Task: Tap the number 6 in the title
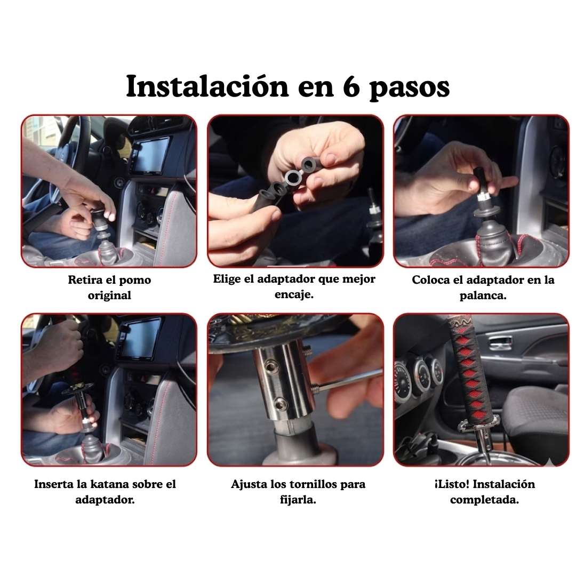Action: pos(351,87)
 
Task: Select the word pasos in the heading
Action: pos(409,88)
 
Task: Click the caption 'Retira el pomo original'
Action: pos(109,287)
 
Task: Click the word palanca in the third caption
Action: pos(483,295)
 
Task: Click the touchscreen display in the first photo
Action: pos(150,155)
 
